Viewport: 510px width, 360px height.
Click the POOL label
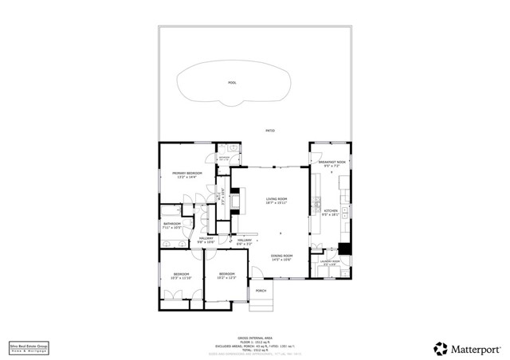pyautogui.click(x=232, y=83)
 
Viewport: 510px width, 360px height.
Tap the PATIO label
pyautogui.click(x=270, y=129)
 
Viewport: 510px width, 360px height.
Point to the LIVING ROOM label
pyautogui.click(x=276, y=200)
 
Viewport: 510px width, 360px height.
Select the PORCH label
pyautogui.click(x=261, y=291)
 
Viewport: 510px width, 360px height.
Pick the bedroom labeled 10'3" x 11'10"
pyautogui.click(x=181, y=276)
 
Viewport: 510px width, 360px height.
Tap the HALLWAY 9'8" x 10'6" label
pyautogui.click(x=206, y=240)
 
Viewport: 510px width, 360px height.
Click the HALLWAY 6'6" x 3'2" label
pyautogui.click(x=245, y=241)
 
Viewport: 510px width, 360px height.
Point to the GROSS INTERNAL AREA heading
pyautogui.click(x=255, y=337)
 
